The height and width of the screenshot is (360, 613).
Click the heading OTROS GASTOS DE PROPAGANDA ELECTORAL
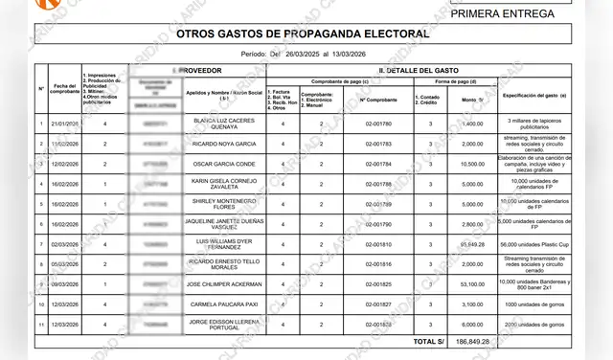click(x=303, y=34)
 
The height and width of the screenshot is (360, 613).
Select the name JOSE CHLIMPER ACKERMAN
click(x=223, y=284)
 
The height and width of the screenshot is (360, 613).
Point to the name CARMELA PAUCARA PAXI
click(x=223, y=304)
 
